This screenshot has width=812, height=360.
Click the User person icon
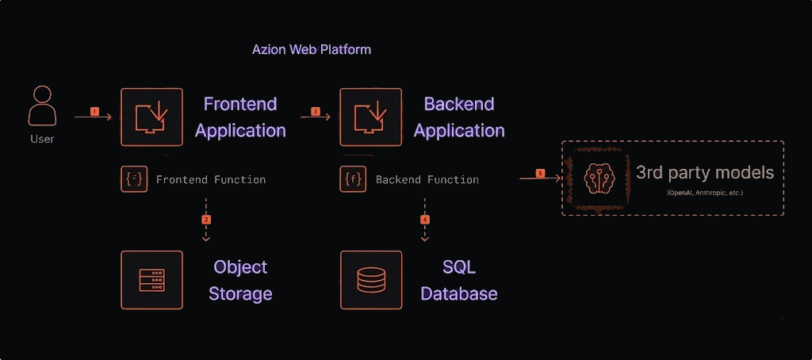[42, 106]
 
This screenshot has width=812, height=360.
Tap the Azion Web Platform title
[312, 49]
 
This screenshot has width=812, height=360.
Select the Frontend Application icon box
[151, 117]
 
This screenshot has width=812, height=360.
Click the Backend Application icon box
[371, 117]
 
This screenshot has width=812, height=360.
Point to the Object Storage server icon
[151, 280]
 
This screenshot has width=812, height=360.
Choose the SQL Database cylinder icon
[371, 280]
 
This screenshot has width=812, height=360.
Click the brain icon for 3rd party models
[595, 178]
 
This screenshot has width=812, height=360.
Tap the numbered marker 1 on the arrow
[94, 112]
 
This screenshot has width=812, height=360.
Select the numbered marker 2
[206, 218]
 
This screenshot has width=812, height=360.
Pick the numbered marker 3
[315, 112]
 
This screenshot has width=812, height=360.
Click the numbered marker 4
[425, 218]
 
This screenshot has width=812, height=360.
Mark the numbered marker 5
[540, 173]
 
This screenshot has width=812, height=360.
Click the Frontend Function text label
[211, 180]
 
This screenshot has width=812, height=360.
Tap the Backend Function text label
[427, 180]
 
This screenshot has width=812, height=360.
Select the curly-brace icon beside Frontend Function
[134, 179]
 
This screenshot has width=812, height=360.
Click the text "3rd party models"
[704, 172]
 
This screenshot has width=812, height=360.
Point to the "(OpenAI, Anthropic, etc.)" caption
[705, 193]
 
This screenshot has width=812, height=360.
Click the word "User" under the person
[42, 139]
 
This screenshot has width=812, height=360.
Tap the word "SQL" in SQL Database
[459, 267]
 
